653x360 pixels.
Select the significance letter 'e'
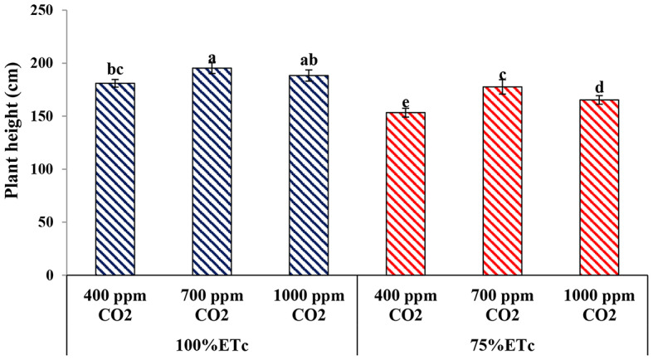(x=406, y=102)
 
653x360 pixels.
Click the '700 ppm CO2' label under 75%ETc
(x=502, y=304)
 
